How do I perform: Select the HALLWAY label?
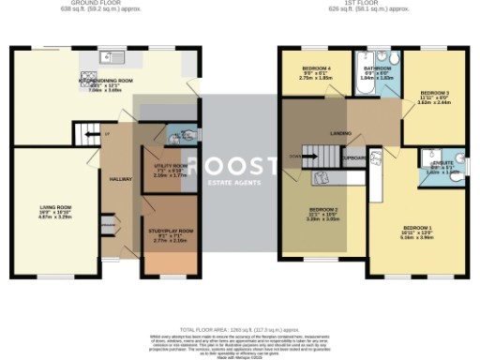[x=121, y=177]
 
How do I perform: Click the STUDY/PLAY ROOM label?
[x=169, y=230]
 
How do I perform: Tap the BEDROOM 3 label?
[x=434, y=93]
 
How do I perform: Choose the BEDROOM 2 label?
[x=324, y=208]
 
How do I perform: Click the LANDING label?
[x=339, y=134]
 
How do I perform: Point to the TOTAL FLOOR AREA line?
[x=239, y=328]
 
